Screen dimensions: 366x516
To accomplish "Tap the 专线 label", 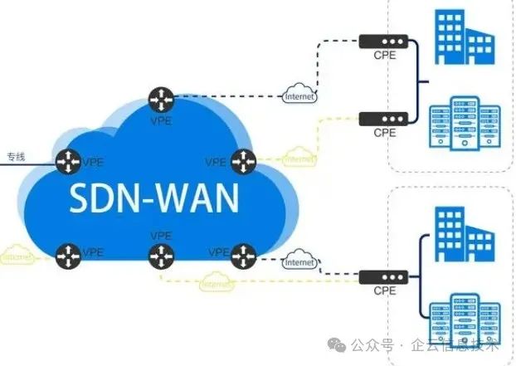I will coord(17,156).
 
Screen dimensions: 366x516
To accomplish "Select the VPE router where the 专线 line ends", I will coord(67,160).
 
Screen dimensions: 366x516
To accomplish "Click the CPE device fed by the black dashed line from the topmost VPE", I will coord(384,39).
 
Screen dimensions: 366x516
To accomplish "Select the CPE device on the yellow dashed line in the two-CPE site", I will coord(384,118).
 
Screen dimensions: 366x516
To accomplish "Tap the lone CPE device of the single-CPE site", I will coord(384,275).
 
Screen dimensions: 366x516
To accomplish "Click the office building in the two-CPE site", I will coord(461,41).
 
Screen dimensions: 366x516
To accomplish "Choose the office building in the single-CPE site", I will coord(461,235).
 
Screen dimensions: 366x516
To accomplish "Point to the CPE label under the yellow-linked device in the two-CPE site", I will coord(384,133).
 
